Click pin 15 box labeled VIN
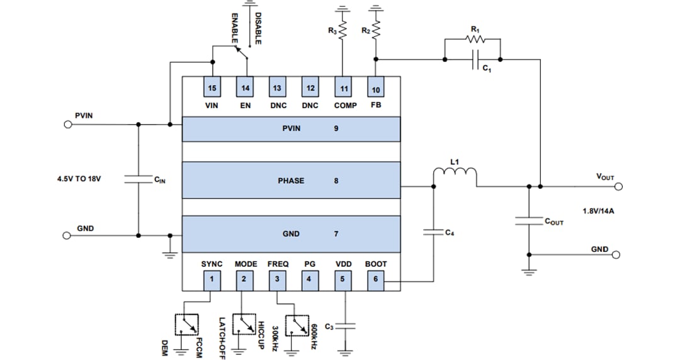coord(212,87)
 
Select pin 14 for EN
coord(245,87)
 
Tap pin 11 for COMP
coord(343,87)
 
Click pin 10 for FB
coord(376,87)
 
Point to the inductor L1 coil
coord(455,174)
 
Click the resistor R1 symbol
coord(473,39)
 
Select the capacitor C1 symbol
coord(473,60)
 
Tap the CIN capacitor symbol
coord(138,179)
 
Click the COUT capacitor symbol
coord(529,221)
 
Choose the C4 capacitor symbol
coord(433,232)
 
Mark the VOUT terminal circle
coord(618,186)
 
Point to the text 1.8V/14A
coord(598,211)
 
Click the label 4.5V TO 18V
coord(79,179)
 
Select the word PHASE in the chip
coord(291,181)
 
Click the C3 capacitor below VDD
coord(346,326)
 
